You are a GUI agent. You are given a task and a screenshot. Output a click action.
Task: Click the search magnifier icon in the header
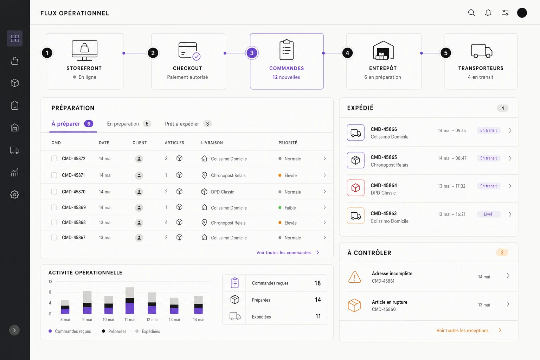[471, 13]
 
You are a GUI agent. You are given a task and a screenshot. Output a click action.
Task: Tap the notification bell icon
[488, 13]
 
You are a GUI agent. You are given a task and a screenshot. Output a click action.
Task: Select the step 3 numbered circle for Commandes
[252, 53]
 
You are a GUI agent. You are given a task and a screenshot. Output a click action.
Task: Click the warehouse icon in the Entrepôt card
[383, 50]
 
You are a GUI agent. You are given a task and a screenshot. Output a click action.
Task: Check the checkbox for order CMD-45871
[54, 175]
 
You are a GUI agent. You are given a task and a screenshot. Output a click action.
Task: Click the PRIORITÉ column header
[288, 143]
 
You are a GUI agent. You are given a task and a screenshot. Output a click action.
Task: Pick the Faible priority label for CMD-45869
[290, 208]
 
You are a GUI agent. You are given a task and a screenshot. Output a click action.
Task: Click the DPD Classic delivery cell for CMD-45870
[222, 192]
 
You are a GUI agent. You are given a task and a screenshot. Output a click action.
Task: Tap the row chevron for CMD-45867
[325, 238]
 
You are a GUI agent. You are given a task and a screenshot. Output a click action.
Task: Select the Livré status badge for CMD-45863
[488, 214]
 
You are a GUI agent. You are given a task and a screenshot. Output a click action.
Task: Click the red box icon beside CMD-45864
[355, 188]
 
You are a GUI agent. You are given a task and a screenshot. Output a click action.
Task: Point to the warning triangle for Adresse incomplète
[355, 277]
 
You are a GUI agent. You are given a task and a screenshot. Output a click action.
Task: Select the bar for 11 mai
[130, 301]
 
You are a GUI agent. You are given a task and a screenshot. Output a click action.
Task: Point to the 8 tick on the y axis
[50, 292]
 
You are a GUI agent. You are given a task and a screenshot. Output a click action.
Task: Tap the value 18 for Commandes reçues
[317, 283]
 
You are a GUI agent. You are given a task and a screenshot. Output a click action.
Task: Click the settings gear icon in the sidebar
[14, 194]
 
